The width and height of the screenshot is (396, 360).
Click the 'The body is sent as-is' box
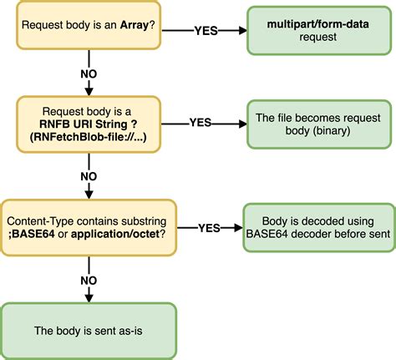point(89,330)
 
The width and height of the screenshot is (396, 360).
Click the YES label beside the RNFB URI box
point(201,121)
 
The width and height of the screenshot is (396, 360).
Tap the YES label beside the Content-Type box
point(209,226)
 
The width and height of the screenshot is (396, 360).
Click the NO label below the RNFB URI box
point(88,176)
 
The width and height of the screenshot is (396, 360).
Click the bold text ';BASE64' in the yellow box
point(37,234)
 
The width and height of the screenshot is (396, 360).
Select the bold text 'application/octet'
point(115,234)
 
